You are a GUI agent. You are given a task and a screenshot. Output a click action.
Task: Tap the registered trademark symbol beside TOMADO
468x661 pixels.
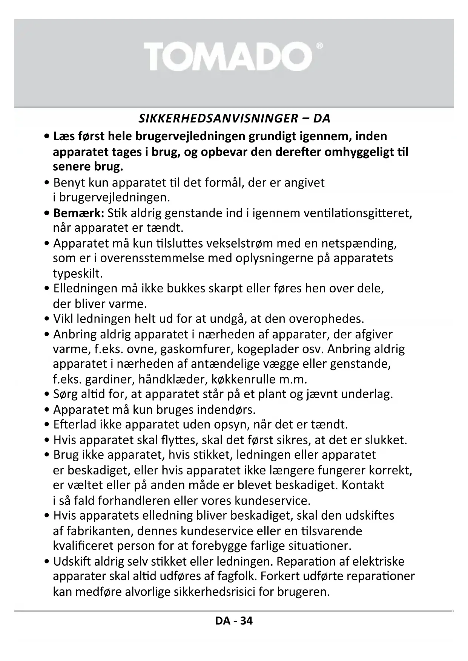(319, 46)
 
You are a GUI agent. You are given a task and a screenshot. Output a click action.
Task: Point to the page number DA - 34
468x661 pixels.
(234, 621)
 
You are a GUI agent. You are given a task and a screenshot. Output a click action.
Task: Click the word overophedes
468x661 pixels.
(326, 319)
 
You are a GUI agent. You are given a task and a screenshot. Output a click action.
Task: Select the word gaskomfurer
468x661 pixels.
(197, 349)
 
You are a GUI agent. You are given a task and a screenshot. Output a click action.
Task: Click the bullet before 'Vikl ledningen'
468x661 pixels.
(46, 319)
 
